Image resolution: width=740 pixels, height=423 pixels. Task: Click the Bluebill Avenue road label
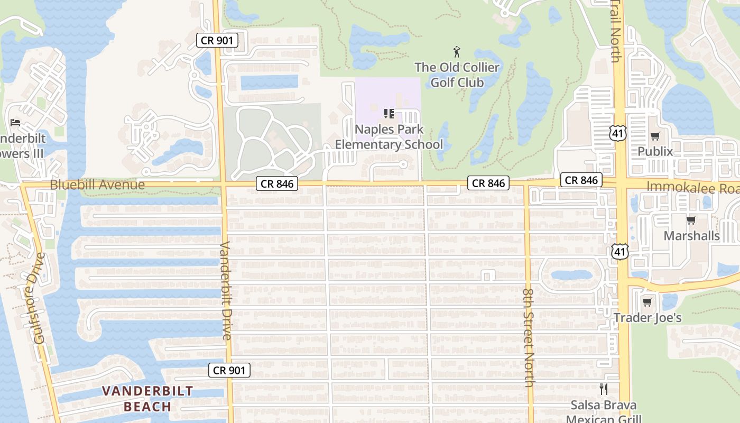point(97,185)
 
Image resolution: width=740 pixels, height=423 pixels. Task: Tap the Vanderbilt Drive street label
point(226,291)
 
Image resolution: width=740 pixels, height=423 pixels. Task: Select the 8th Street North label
point(529,337)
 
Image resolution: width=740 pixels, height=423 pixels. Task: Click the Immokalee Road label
point(693,188)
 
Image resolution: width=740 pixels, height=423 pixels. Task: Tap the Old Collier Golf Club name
point(457,75)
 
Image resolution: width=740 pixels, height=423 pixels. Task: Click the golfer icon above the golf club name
point(457,52)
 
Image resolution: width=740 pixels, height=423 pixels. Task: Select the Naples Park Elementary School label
point(389,137)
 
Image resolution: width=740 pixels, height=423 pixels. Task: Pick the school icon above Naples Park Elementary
point(389,113)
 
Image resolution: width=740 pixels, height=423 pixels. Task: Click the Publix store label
point(655,151)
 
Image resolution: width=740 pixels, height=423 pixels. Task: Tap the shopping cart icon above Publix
point(655,136)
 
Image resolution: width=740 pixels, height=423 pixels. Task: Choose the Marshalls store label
point(691,235)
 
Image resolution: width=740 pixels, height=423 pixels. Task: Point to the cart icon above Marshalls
point(691,220)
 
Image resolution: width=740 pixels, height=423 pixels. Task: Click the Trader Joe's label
point(647,317)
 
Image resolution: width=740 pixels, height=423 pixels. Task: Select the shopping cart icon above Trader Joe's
point(647,302)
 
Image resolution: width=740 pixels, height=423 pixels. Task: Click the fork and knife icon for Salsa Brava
point(604,389)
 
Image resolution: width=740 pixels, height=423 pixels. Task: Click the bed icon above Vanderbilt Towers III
point(15,123)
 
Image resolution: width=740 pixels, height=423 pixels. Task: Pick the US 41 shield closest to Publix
point(617,133)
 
